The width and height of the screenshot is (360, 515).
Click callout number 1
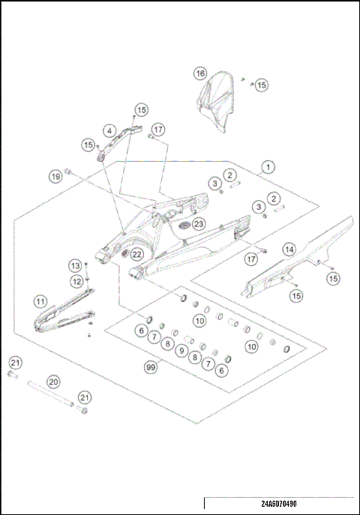point(266,167)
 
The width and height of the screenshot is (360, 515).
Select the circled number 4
point(109,130)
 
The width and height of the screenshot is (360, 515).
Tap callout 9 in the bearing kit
point(181,350)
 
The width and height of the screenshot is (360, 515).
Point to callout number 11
point(40,301)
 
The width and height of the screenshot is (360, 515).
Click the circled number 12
point(76,280)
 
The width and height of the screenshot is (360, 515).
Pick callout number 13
point(75,265)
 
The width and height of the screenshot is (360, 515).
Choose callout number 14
point(289,248)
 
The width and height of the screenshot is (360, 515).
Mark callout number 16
point(199,73)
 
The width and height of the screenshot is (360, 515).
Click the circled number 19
point(55,177)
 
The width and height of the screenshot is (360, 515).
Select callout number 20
point(53,381)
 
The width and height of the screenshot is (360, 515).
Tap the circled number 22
point(136,255)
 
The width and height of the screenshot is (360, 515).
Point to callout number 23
point(198,223)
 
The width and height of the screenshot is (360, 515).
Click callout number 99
point(152,367)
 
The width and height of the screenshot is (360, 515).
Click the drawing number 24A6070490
point(280,505)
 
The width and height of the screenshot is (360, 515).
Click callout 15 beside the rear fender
point(261,85)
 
